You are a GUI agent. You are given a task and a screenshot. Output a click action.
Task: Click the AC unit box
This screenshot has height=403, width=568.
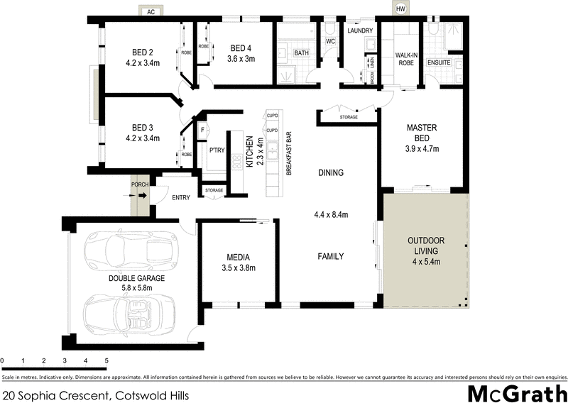point(150,12)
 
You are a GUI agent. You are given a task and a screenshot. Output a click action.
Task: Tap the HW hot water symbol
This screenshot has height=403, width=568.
point(402,9)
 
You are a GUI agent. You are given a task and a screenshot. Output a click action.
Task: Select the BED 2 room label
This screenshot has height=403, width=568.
point(143,52)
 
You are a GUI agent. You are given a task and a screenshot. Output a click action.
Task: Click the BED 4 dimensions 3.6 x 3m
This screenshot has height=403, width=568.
point(241,59)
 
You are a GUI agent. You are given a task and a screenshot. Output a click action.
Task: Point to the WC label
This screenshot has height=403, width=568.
point(330,42)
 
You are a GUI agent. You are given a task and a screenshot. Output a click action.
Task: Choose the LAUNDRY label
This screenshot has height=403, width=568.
point(360,31)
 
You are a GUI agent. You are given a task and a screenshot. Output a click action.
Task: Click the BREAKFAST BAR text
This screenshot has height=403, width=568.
point(289,153)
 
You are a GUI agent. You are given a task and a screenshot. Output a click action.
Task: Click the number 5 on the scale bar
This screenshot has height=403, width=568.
point(106,361)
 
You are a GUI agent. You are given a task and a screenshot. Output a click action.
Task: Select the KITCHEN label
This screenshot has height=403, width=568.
point(249,153)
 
